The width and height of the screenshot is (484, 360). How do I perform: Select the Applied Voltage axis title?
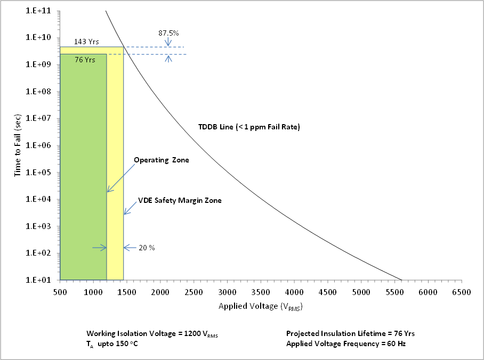[261, 307]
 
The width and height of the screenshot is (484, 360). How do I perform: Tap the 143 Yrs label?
[86, 42]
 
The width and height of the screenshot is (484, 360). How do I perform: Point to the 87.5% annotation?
[168, 33]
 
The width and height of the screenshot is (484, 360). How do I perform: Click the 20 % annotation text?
[147, 248]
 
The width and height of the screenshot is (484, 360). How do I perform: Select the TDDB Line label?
[249, 127]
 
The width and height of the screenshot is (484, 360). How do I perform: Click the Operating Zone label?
[161, 160]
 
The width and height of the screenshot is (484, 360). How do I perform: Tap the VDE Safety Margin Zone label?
[180, 201]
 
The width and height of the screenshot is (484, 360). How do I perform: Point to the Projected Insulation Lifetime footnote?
[350, 333]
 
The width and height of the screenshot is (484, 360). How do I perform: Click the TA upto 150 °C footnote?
[110, 344]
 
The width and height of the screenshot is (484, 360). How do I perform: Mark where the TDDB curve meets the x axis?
[401, 279]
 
